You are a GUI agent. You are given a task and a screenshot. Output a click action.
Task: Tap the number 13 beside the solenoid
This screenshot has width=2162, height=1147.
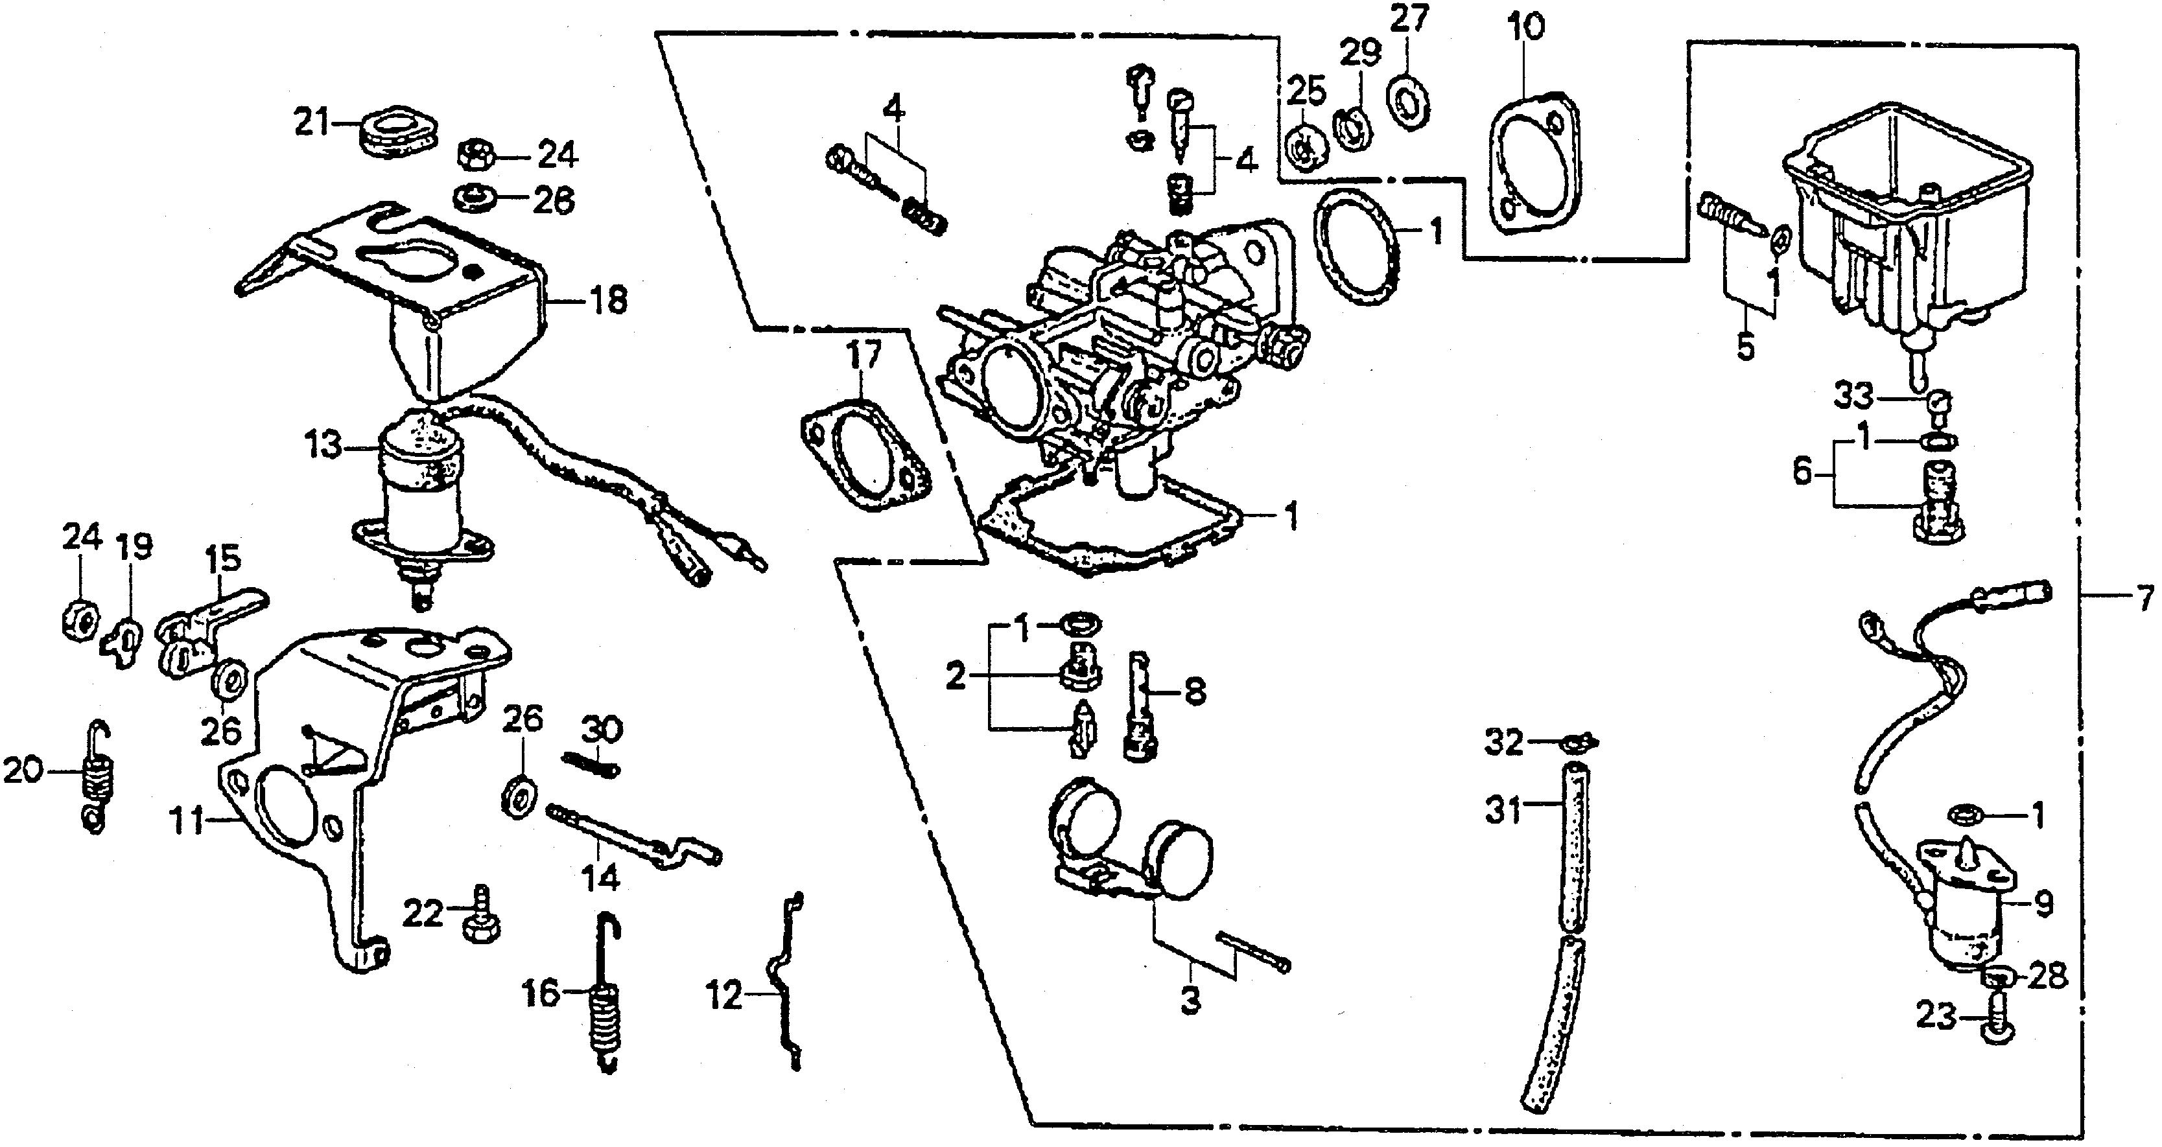click(x=324, y=446)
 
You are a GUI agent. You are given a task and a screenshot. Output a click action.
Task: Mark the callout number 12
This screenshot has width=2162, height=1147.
click(x=723, y=997)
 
